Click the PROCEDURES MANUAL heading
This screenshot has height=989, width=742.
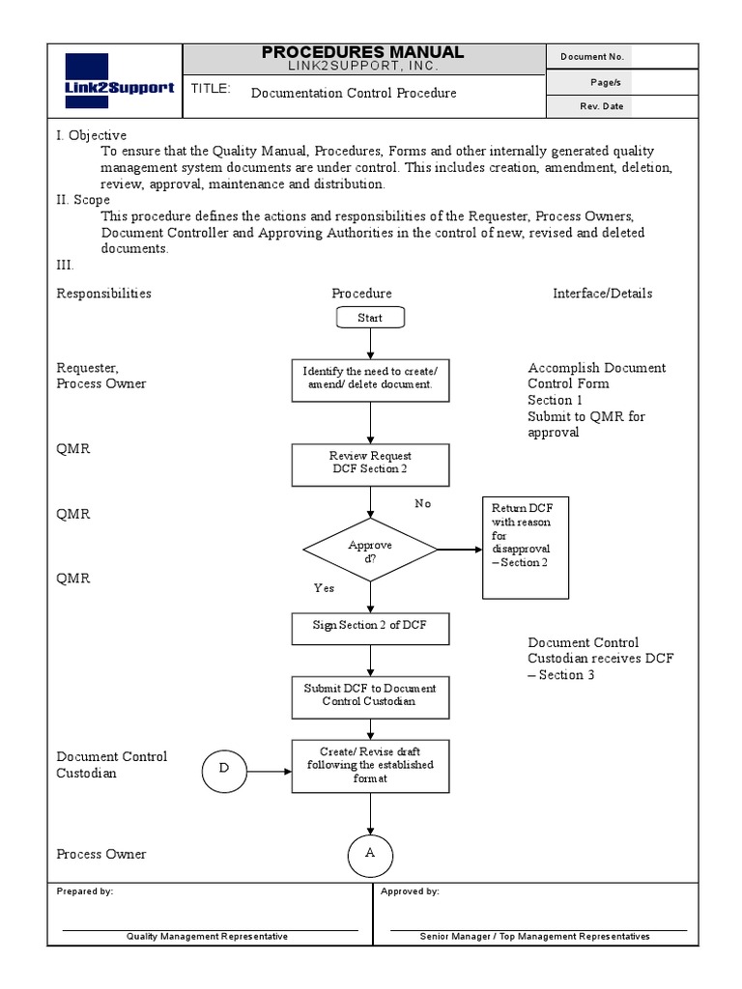pos(363,53)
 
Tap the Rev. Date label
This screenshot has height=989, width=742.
pos(601,106)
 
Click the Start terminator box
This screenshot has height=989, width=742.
pos(370,318)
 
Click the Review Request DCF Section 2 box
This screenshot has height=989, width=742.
pos(370,463)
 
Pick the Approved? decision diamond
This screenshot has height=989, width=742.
pos(370,550)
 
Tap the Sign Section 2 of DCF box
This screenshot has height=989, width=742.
pos(370,626)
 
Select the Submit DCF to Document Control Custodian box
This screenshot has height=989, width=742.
pos(370,695)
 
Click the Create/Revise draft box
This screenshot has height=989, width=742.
pos(370,765)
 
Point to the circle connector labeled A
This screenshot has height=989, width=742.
pos(370,854)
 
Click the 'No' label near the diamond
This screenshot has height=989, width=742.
pos(423,503)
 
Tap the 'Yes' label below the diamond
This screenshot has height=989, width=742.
pos(324,587)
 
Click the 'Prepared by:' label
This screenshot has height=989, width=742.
pos(85,891)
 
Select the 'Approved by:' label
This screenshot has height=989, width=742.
pos(411,891)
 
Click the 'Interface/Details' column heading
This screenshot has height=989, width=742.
pos(602,294)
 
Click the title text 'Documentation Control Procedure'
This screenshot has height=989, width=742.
pos(354,94)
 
